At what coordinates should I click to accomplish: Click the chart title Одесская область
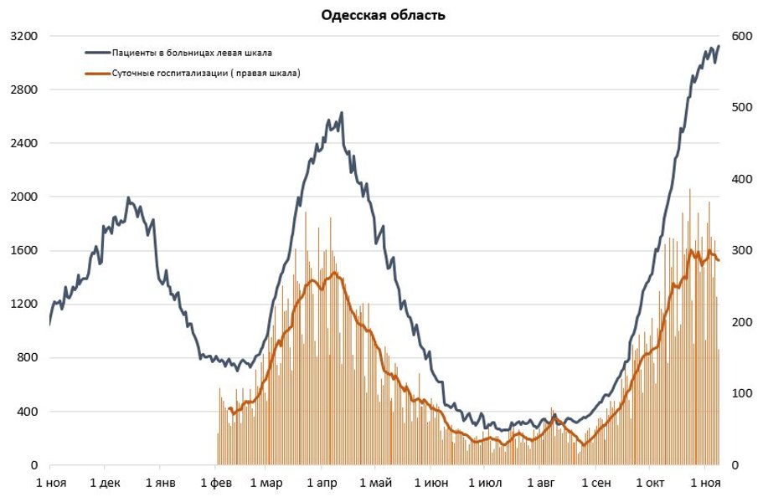tap(384, 15)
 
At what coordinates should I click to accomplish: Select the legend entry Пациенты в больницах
tap(192, 53)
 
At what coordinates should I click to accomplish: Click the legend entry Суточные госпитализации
tap(206, 74)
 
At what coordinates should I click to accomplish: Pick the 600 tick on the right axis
tap(742, 36)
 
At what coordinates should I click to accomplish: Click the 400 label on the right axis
tap(742, 179)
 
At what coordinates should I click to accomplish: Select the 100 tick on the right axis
tap(742, 393)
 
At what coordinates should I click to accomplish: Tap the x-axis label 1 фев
tap(216, 483)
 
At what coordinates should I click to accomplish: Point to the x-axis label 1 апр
tap(322, 483)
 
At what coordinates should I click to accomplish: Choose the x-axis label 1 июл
tap(485, 483)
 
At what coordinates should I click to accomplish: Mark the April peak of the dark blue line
tap(342, 113)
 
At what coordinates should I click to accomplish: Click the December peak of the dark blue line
tap(128, 198)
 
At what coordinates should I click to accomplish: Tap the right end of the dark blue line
tap(719, 46)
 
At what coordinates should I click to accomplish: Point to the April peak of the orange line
tap(334, 273)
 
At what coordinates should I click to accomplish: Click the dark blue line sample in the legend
tap(98, 53)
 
